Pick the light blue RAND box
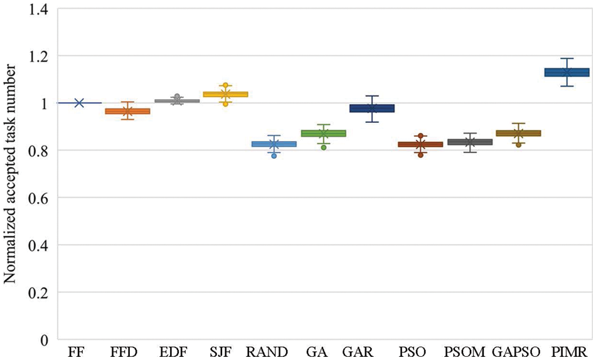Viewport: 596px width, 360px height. click(274, 144)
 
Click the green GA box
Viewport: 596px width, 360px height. click(323, 134)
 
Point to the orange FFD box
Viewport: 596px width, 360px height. click(127, 111)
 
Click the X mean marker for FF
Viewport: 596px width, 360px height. click(79, 103)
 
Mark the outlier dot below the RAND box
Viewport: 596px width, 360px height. click(274, 156)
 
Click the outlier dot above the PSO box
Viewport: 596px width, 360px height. click(421, 136)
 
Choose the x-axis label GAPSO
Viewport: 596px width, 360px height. click(518, 351)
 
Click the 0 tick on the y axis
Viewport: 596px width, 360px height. click(45, 340)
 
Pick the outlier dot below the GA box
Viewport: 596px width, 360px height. click(323, 147)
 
